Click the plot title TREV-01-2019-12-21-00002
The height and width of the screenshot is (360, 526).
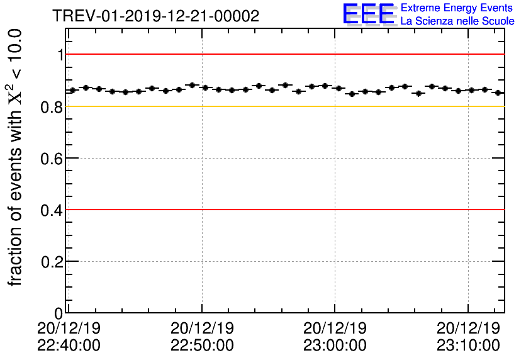156,16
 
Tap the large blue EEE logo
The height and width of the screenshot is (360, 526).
369,15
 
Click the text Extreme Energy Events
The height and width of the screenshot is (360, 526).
457,8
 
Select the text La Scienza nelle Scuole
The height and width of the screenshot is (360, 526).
457,21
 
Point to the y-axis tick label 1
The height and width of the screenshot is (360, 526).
60,55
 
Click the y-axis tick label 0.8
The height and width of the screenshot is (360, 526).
52,107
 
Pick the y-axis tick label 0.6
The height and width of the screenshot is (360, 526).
52,159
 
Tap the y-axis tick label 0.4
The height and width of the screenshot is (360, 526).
52,210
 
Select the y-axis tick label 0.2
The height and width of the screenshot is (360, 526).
52,262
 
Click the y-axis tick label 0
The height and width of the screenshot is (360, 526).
59,313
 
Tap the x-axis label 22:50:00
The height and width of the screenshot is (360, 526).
202,346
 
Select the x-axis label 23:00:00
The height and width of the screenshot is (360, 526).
335,346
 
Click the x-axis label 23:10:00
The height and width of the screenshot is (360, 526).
468,346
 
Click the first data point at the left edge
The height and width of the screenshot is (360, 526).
72,90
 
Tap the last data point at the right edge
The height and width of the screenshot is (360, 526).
498,93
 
